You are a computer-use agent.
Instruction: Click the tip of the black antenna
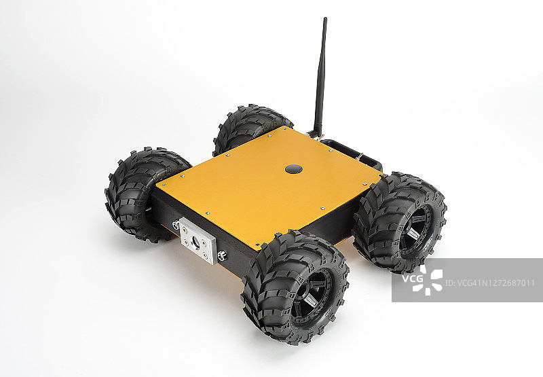point(325,19)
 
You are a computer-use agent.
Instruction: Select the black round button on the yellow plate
point(294,169)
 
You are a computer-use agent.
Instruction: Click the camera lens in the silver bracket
point(196,241)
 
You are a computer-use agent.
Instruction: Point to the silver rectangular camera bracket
point(197,241)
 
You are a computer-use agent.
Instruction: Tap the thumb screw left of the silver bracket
point(176,225)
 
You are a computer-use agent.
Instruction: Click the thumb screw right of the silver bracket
point(223,256)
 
